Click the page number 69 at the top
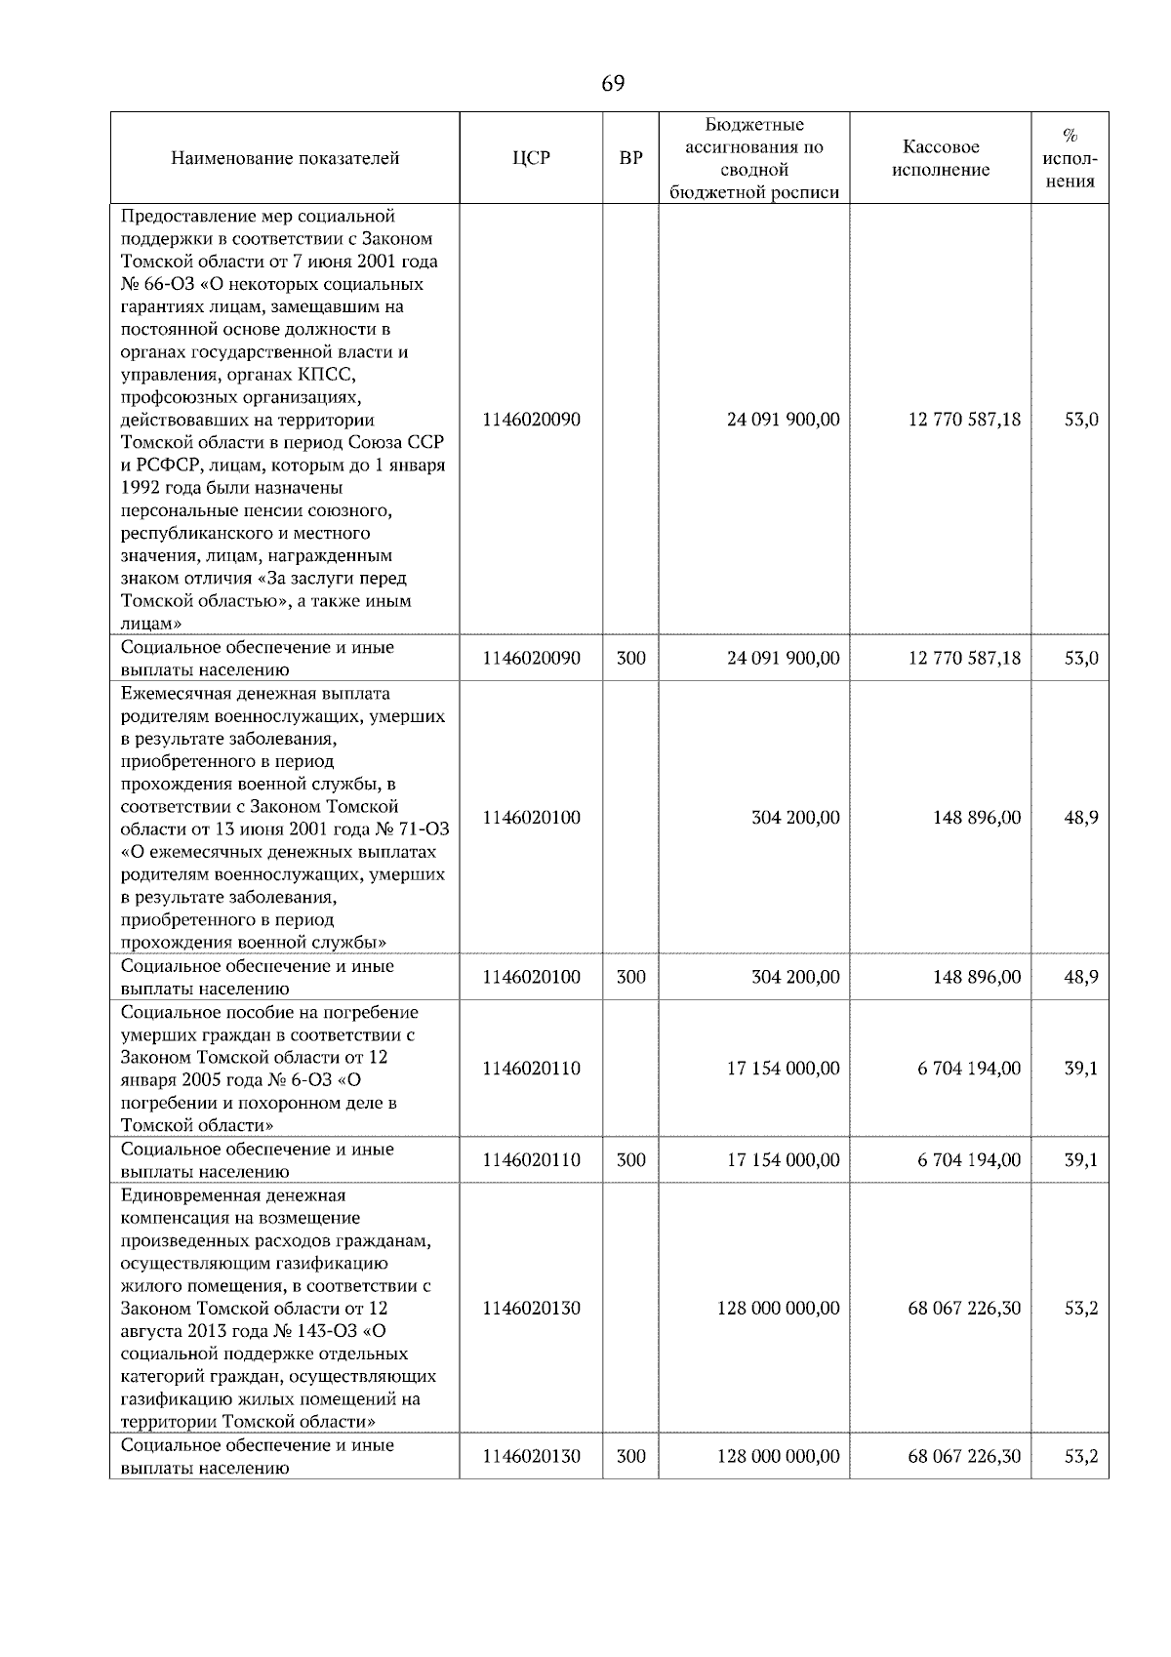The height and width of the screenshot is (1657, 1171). [612, 84]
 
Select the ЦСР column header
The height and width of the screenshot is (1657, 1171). [531, 158]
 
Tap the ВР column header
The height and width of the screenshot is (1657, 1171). [631, 158]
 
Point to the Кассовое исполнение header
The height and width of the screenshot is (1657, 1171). [940, 158]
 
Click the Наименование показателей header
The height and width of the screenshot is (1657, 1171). [285, 158]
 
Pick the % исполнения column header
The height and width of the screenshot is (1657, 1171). [1070, 158]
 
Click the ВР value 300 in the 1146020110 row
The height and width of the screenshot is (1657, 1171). [631, 1159]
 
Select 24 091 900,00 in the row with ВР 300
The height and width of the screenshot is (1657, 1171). [783, 658]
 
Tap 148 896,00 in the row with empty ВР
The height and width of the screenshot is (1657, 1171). [977, 817]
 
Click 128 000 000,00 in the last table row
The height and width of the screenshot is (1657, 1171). [778, 1456]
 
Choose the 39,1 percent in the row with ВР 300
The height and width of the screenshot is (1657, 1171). [1080, 1159]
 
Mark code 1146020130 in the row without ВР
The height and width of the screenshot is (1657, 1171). [531, 1308]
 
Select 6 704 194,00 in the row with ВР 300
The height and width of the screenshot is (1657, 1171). [968, 1159]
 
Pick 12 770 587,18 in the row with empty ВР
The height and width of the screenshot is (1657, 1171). [964, 420]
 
